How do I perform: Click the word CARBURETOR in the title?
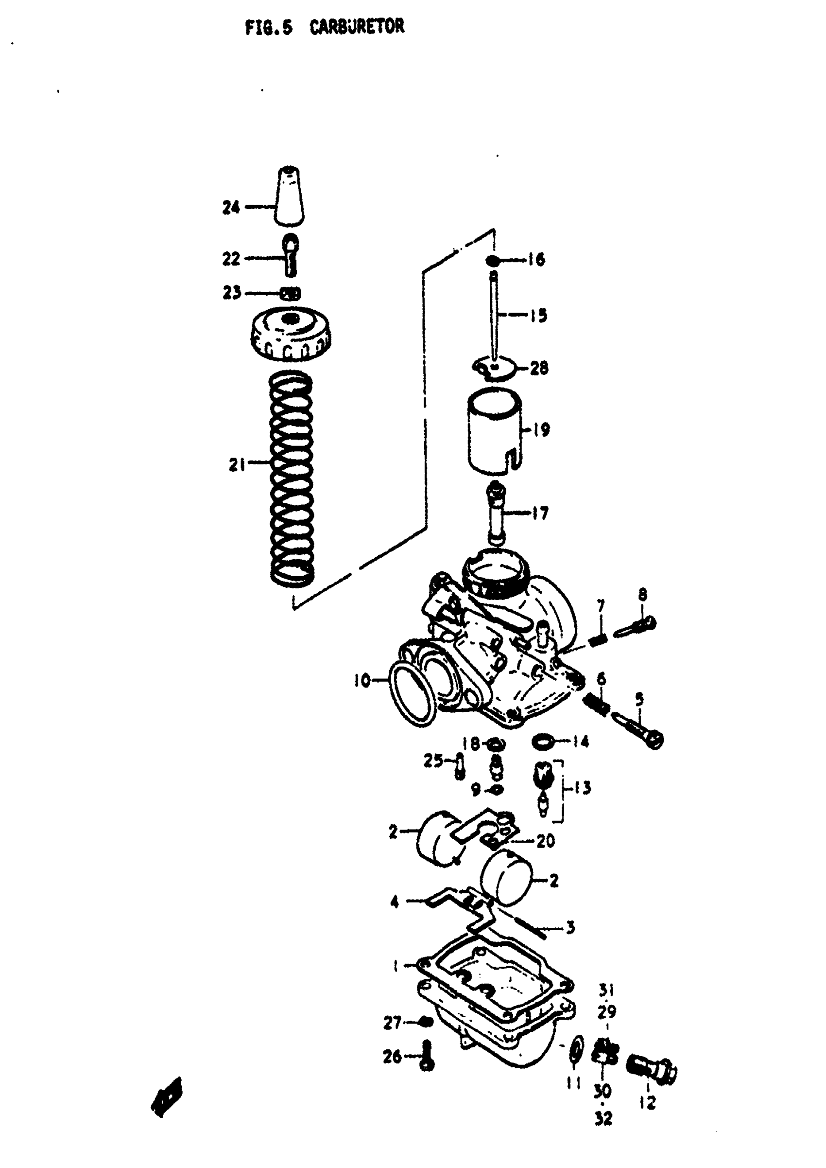click(357, 26)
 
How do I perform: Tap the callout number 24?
click(231, 207)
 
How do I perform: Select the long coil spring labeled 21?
click(291, 478)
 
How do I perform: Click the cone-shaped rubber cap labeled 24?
click(290, 197)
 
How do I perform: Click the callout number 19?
click(541, 430)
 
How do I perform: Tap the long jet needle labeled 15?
click(493, 316)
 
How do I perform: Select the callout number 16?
click(536, 260)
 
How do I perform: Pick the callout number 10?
click(362, 680)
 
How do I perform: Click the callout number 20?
click(545, 841)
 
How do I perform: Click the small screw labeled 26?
click(427, 1057)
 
